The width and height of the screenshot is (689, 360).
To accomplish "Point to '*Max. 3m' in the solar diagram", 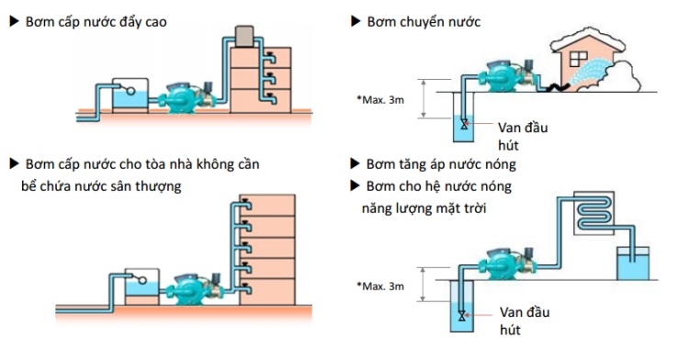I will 380,287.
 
